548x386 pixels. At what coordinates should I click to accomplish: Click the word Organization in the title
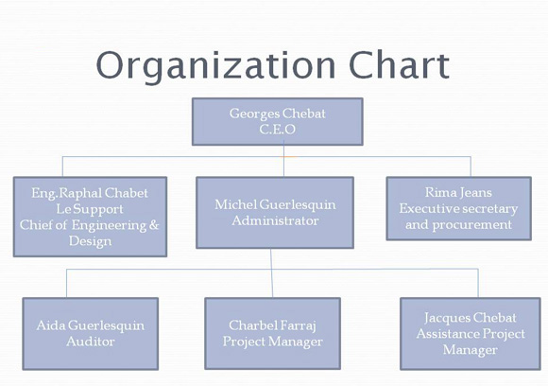click(215, 66)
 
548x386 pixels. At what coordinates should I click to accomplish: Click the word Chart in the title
click(399, 64)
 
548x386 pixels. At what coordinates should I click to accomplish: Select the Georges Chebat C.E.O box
click(278, 121)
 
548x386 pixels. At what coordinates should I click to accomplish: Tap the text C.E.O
click(278, 129)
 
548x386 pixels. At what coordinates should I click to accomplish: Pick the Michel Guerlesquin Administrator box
click(275, 213)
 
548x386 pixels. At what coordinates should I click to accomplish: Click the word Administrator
click(275, 220)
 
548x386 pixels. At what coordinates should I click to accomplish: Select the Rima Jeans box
click(459, 208)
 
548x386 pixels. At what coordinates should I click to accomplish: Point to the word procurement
click(472, 225)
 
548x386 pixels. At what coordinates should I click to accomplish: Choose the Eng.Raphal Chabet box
click(90, 217)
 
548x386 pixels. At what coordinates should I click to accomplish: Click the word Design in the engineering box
click(90, 241)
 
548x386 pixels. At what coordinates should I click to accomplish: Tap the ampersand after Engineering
click(154, 224)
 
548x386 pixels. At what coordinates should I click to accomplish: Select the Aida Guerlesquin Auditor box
click(91, 334)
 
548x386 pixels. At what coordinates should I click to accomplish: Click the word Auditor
click(91, 342)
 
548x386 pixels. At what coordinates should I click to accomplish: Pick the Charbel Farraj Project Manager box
click(273, 333)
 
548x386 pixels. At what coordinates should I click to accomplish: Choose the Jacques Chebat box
click(471, 334)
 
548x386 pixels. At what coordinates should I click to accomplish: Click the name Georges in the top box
click(255, 114)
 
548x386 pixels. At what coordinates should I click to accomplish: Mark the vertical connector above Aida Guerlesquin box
click(66, 284)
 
